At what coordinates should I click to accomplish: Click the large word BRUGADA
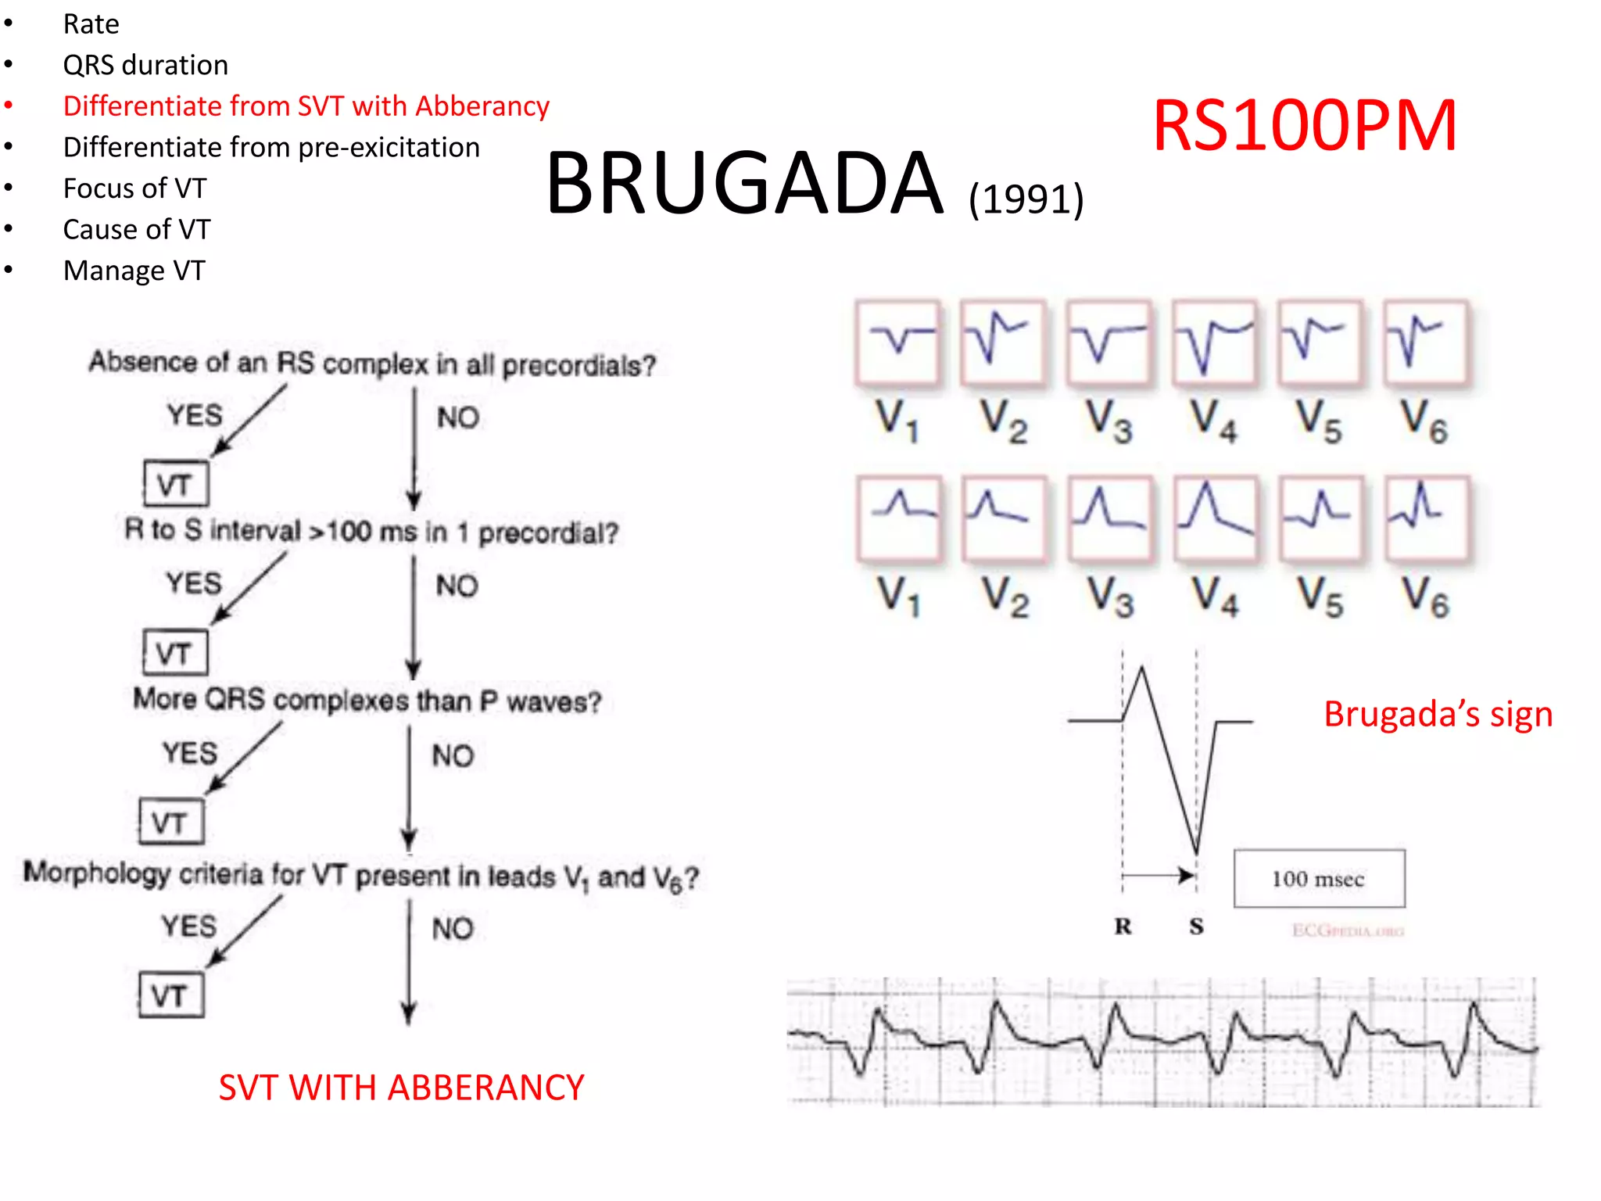[745, 184]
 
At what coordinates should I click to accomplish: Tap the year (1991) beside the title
[1026, 199]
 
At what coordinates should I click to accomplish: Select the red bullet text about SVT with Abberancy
[306, 106]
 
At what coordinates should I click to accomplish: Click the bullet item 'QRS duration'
[145, 65]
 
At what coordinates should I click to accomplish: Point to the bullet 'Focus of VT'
[134, 188]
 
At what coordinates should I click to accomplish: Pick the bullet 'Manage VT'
[134, 271]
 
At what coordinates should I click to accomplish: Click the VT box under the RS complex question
[176, 484]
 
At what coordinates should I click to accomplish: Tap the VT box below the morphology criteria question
[171, 995]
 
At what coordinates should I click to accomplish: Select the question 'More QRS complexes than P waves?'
[367, 700]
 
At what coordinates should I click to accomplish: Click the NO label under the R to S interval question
[457, 586]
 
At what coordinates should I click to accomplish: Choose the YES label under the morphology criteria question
[189, 926]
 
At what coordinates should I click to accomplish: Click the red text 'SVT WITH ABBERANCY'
[401, 1087]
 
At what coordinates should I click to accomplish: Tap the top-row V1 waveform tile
[897, 342]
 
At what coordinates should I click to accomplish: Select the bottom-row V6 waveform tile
[1426, 518]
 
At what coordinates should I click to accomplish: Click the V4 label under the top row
[1214, 421]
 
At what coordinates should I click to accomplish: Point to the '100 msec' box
[1319, 879]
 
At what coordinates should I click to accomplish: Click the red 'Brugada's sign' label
[1438, 714]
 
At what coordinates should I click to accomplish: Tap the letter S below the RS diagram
[1196, 927]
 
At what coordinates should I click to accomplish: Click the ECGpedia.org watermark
[1348, 930]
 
